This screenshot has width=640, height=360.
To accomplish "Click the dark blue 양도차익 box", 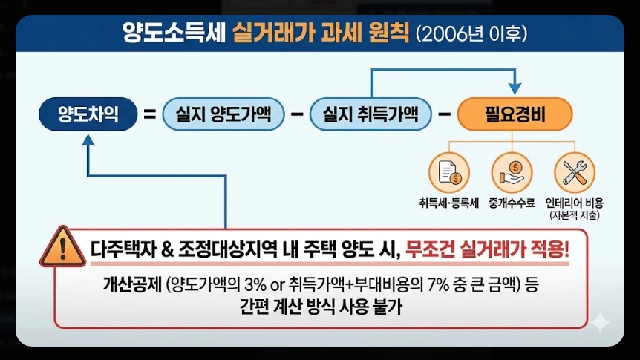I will pyautogui.click(x=88, y=114).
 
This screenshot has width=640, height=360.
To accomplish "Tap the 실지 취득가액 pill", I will pyautogui.click(x=369, y=114).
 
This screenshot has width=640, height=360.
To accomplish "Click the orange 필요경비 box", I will pyautogui.click(x=515, y=115).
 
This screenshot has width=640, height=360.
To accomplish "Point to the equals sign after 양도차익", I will pyautogui.click(x=149, y=115).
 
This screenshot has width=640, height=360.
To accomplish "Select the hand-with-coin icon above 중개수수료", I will pyautogui.click(x=511, y=171).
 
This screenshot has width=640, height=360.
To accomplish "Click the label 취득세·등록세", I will pyautogui.click(x=449, y=202).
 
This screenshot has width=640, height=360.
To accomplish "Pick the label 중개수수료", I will pyautogui.click(x=511, y=202).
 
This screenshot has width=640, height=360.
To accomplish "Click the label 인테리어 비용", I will pyautogui.click(x=575, y=202).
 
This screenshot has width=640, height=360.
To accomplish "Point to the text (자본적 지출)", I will pyautogui.click(x=575, y=215).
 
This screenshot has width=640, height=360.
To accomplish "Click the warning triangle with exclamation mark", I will pyautogui.click(x=62, y=246).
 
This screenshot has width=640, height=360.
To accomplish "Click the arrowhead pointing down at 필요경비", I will pyautogui.click(x=514, y=87).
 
